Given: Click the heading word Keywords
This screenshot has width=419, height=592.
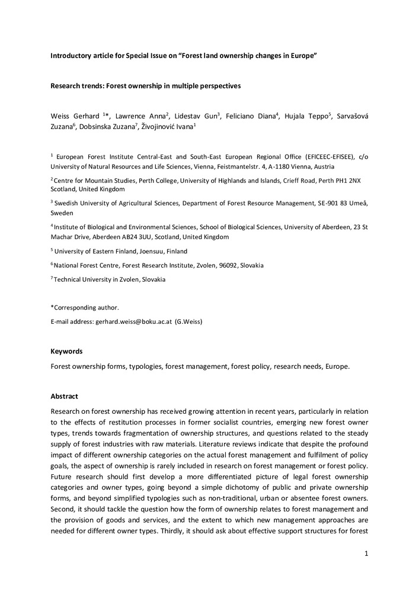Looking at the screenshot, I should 66,351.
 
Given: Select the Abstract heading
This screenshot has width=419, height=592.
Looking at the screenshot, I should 64,396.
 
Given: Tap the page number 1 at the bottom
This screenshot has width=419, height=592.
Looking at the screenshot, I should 367,554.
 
